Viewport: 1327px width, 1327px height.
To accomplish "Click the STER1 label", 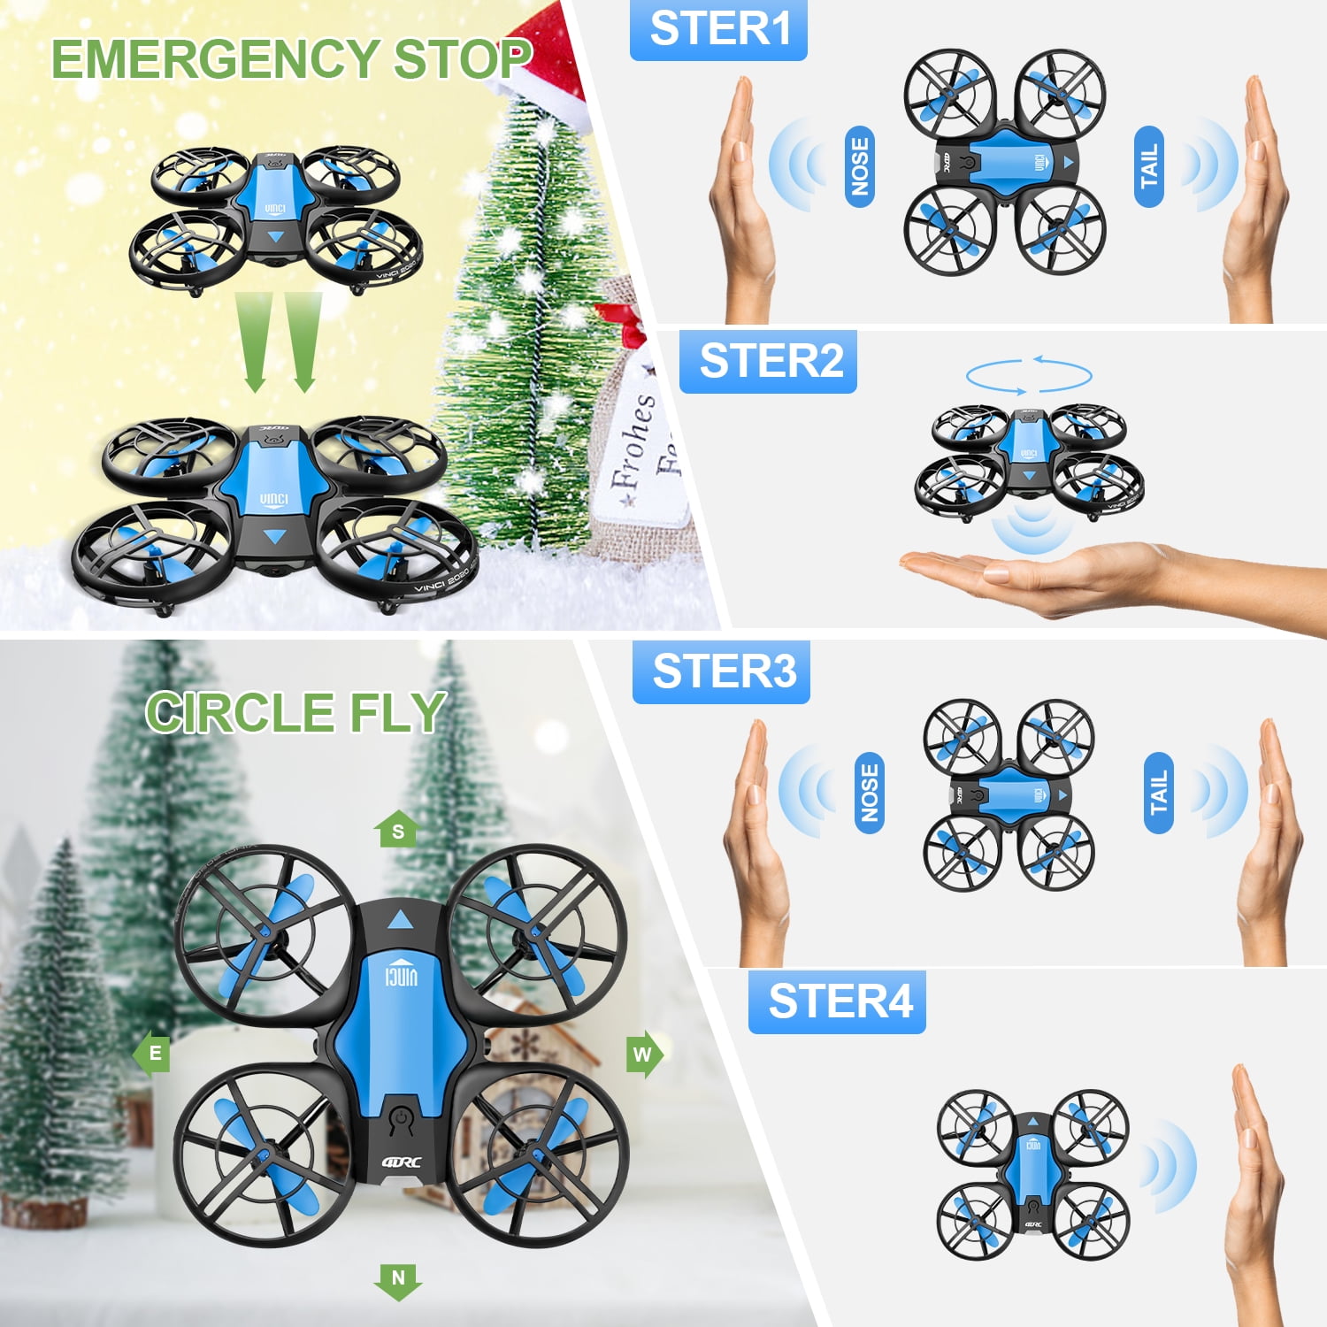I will [718, 29].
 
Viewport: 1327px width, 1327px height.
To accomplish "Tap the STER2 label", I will [768, 361].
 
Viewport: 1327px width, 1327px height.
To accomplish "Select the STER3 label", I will [721, 671].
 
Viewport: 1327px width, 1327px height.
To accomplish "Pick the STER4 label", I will [837, 1001].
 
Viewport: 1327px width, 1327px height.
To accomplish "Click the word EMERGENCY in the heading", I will [215, 60].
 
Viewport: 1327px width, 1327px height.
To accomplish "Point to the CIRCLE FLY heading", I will [295, 712].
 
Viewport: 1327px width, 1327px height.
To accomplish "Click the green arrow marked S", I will [397, 830].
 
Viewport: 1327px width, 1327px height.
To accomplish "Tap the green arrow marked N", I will [398, 1280].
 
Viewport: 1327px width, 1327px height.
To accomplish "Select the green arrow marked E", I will [152, 1053].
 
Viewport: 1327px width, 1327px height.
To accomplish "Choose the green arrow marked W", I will [644, 1054].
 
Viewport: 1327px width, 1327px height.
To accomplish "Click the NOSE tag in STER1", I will [860, 166].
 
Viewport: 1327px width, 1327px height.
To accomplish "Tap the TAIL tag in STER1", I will [1148, 166].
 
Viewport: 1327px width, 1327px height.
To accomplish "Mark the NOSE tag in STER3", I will [870, 793].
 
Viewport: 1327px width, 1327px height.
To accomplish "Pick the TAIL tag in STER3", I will [1158, 793].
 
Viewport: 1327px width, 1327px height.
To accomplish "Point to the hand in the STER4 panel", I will [1256, 1177].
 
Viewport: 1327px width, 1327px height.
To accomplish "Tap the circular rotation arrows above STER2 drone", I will [1029, 375].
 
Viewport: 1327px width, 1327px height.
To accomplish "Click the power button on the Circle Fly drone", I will [403, 1120].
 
